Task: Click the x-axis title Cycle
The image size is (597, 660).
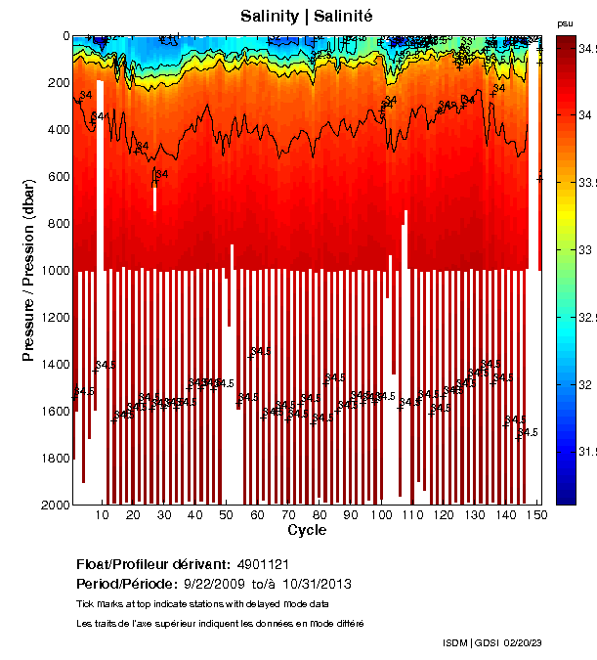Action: [307, 530]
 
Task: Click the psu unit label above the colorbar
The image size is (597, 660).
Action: [564, 22]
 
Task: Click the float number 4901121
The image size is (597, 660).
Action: [263, 564]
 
